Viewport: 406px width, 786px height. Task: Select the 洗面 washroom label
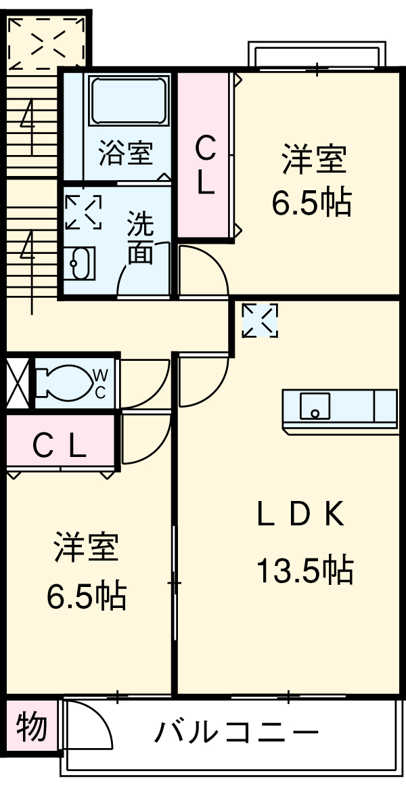click(x=141, y=238)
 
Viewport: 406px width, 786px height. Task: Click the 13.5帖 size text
click(x=304, y=570)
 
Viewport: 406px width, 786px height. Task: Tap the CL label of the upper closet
click(x=205, y=165)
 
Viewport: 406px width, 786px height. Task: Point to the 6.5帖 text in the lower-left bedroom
click(x=86, y=595)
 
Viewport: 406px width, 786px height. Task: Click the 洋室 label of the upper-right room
click(x=314, y=160)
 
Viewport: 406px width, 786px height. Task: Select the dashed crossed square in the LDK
click(x=260, y=320)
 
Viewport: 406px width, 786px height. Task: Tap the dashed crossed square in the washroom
click(x=83, y=212)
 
